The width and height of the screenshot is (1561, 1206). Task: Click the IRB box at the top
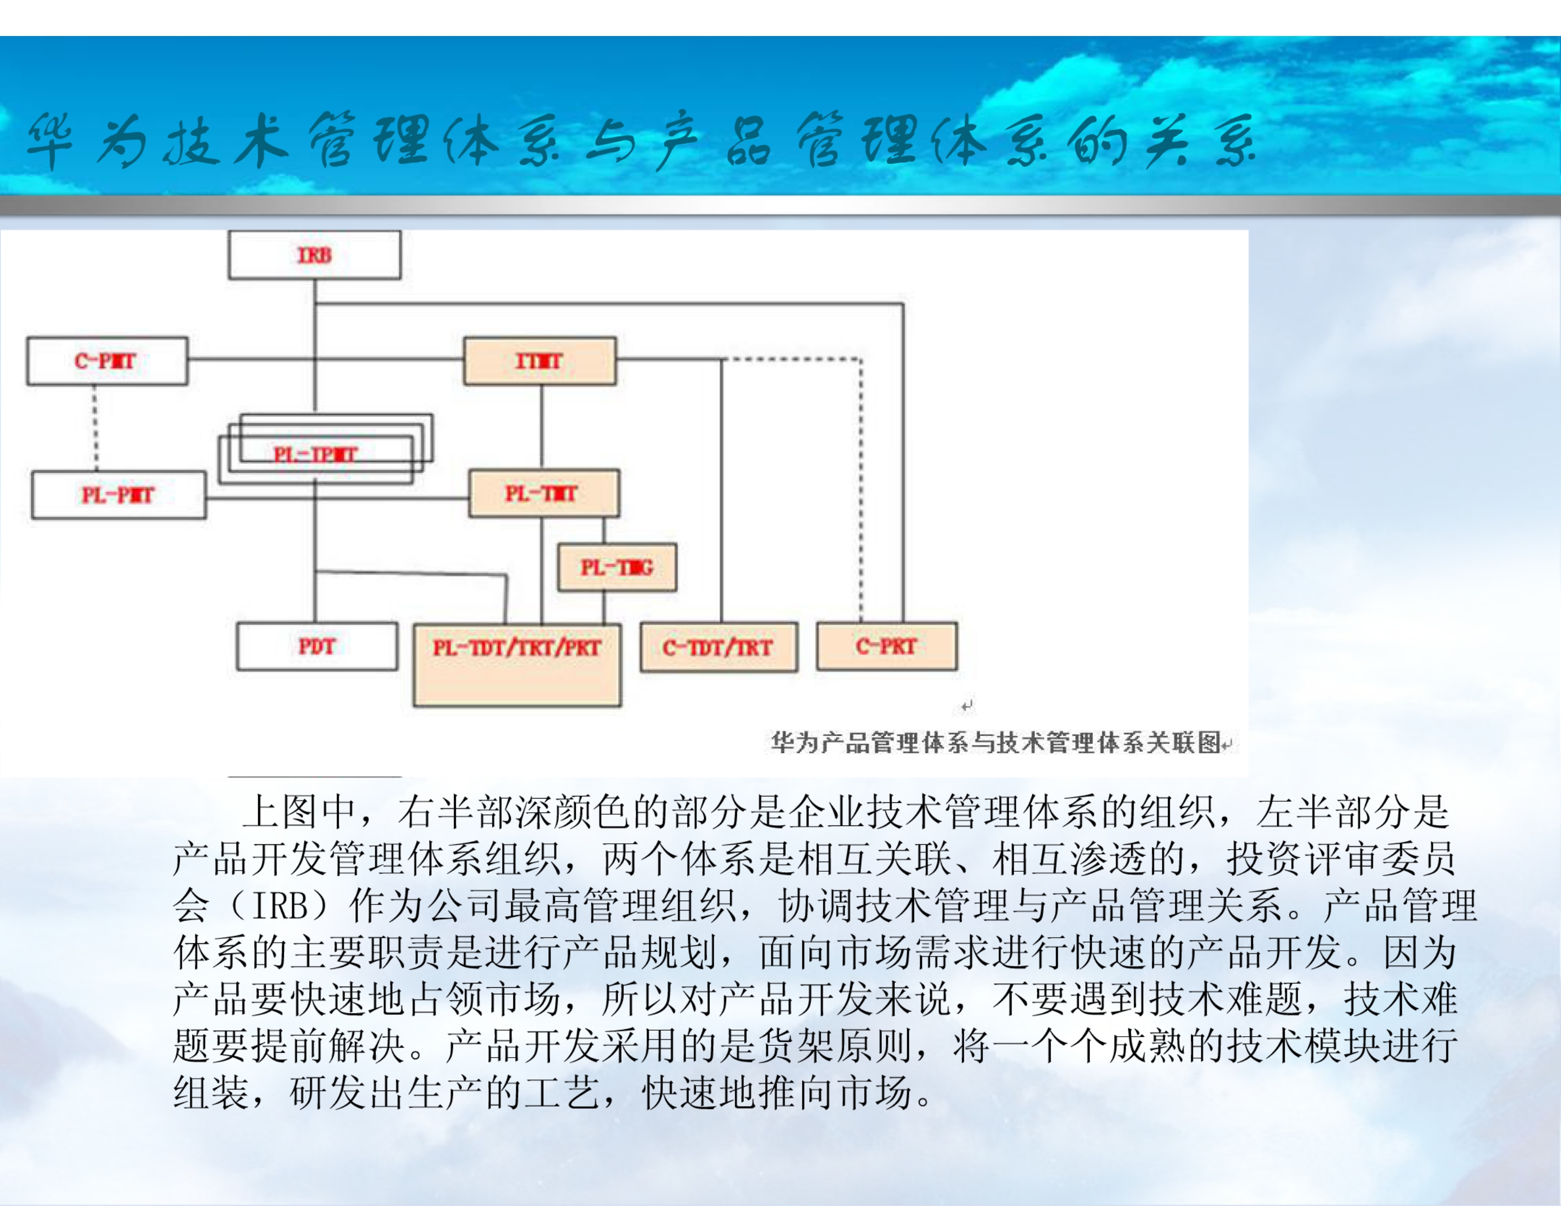tap(315, 255)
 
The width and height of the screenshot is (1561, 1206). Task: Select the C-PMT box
tap(107, 361)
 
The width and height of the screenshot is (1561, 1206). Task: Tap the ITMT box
tap(540, 361)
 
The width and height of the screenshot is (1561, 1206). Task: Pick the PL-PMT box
tap(119, 494)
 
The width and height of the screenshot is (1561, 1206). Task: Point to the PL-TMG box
tap(617, 568)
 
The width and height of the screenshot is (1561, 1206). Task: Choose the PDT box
tap(317, 646)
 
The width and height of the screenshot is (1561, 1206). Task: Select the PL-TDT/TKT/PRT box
tap(517, 664)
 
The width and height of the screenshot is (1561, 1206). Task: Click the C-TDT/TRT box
tap(718, 647)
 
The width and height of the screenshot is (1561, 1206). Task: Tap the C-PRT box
tap(886, 646)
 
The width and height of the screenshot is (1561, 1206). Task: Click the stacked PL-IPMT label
tap(315, 454)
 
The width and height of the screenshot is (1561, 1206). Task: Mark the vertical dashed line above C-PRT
tap(860, 493)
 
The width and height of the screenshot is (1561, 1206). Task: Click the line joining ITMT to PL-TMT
tap(542, 427)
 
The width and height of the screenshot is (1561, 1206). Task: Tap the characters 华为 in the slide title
tap(86, 141)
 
